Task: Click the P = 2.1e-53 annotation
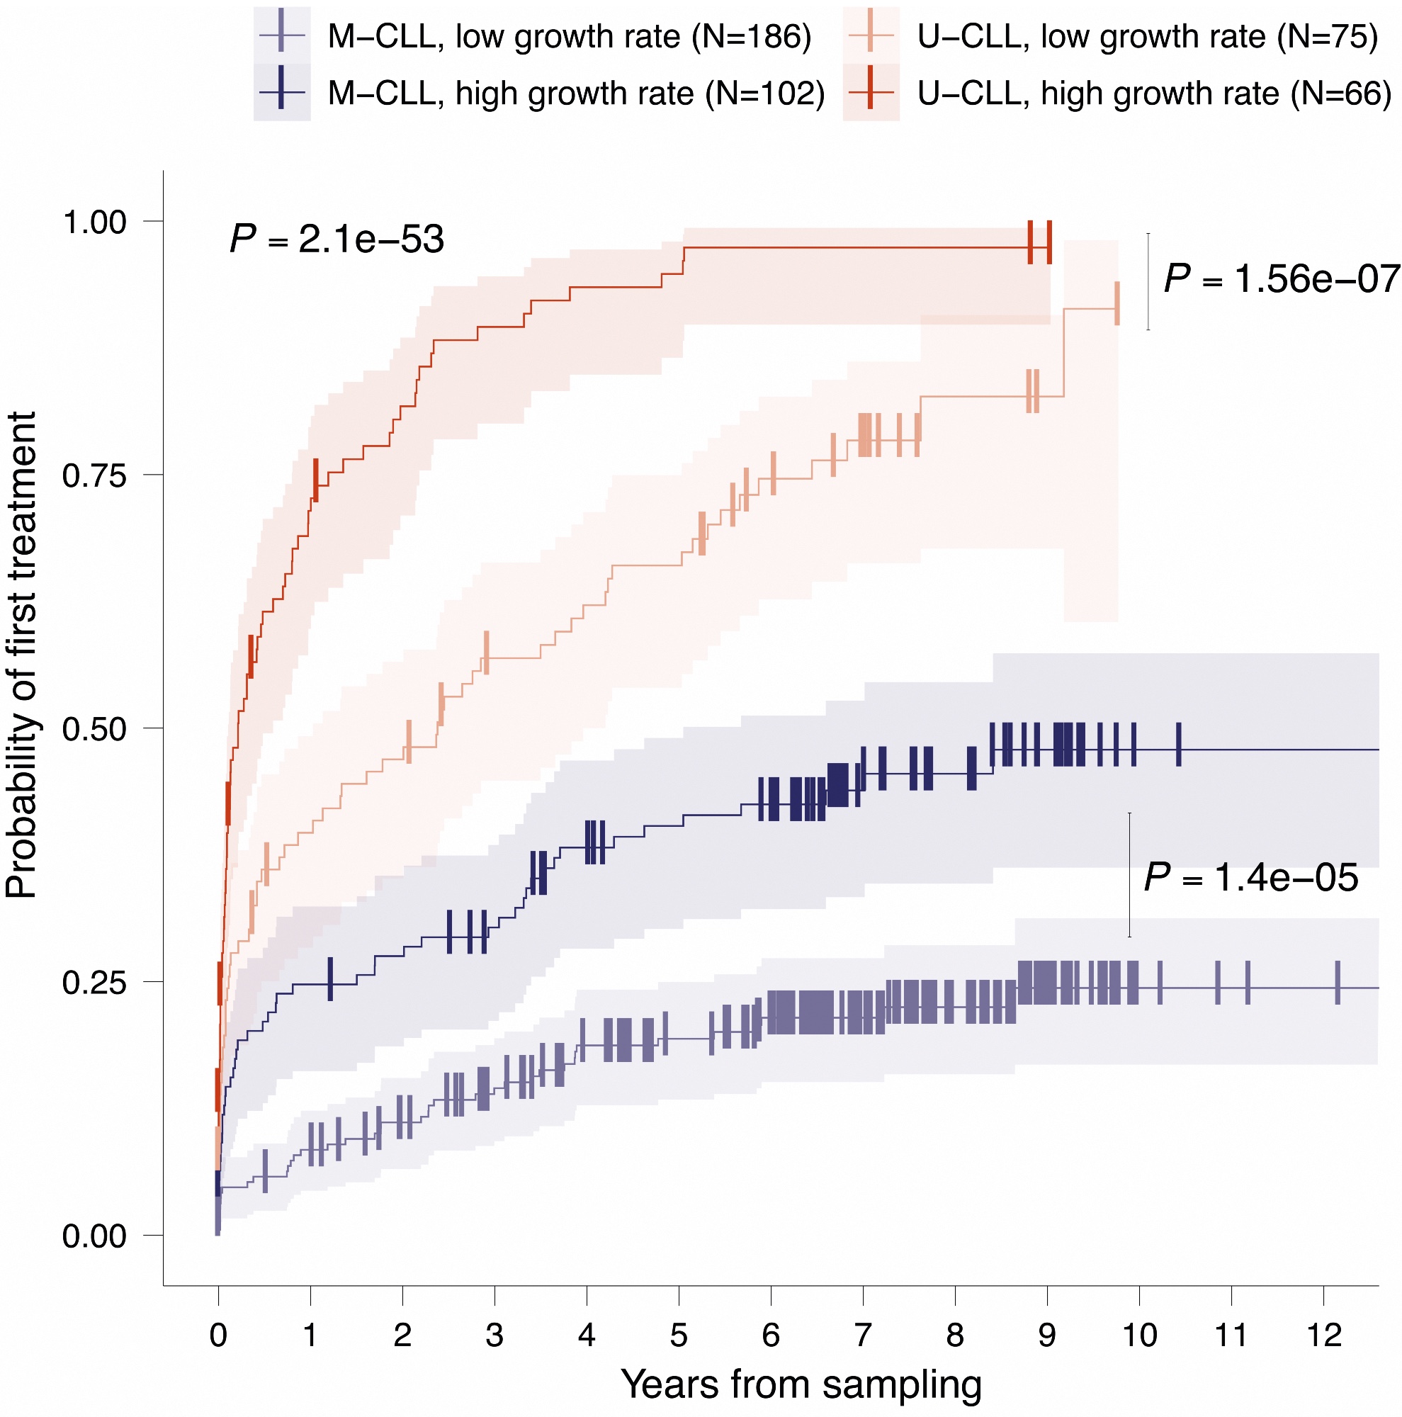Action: point(337,240)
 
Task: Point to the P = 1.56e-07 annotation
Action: point(1282,278)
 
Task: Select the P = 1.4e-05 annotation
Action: point(1251,877)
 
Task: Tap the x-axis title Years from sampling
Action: point(801,1383)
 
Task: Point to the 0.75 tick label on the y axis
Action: point(95,476)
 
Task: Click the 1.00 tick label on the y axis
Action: point(95,222)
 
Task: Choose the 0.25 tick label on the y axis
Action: point(95,983)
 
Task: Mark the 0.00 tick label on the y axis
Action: point(95,1236)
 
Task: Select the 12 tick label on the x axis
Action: point(1323,1334)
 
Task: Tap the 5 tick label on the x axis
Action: point(679,1334)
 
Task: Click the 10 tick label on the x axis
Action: point(1138,1334)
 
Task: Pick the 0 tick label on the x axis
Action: point(218,1334)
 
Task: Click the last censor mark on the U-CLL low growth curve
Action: point(1116,303)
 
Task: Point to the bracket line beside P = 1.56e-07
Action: point(1148,282)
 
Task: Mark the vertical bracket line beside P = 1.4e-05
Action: point(1129,874)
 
